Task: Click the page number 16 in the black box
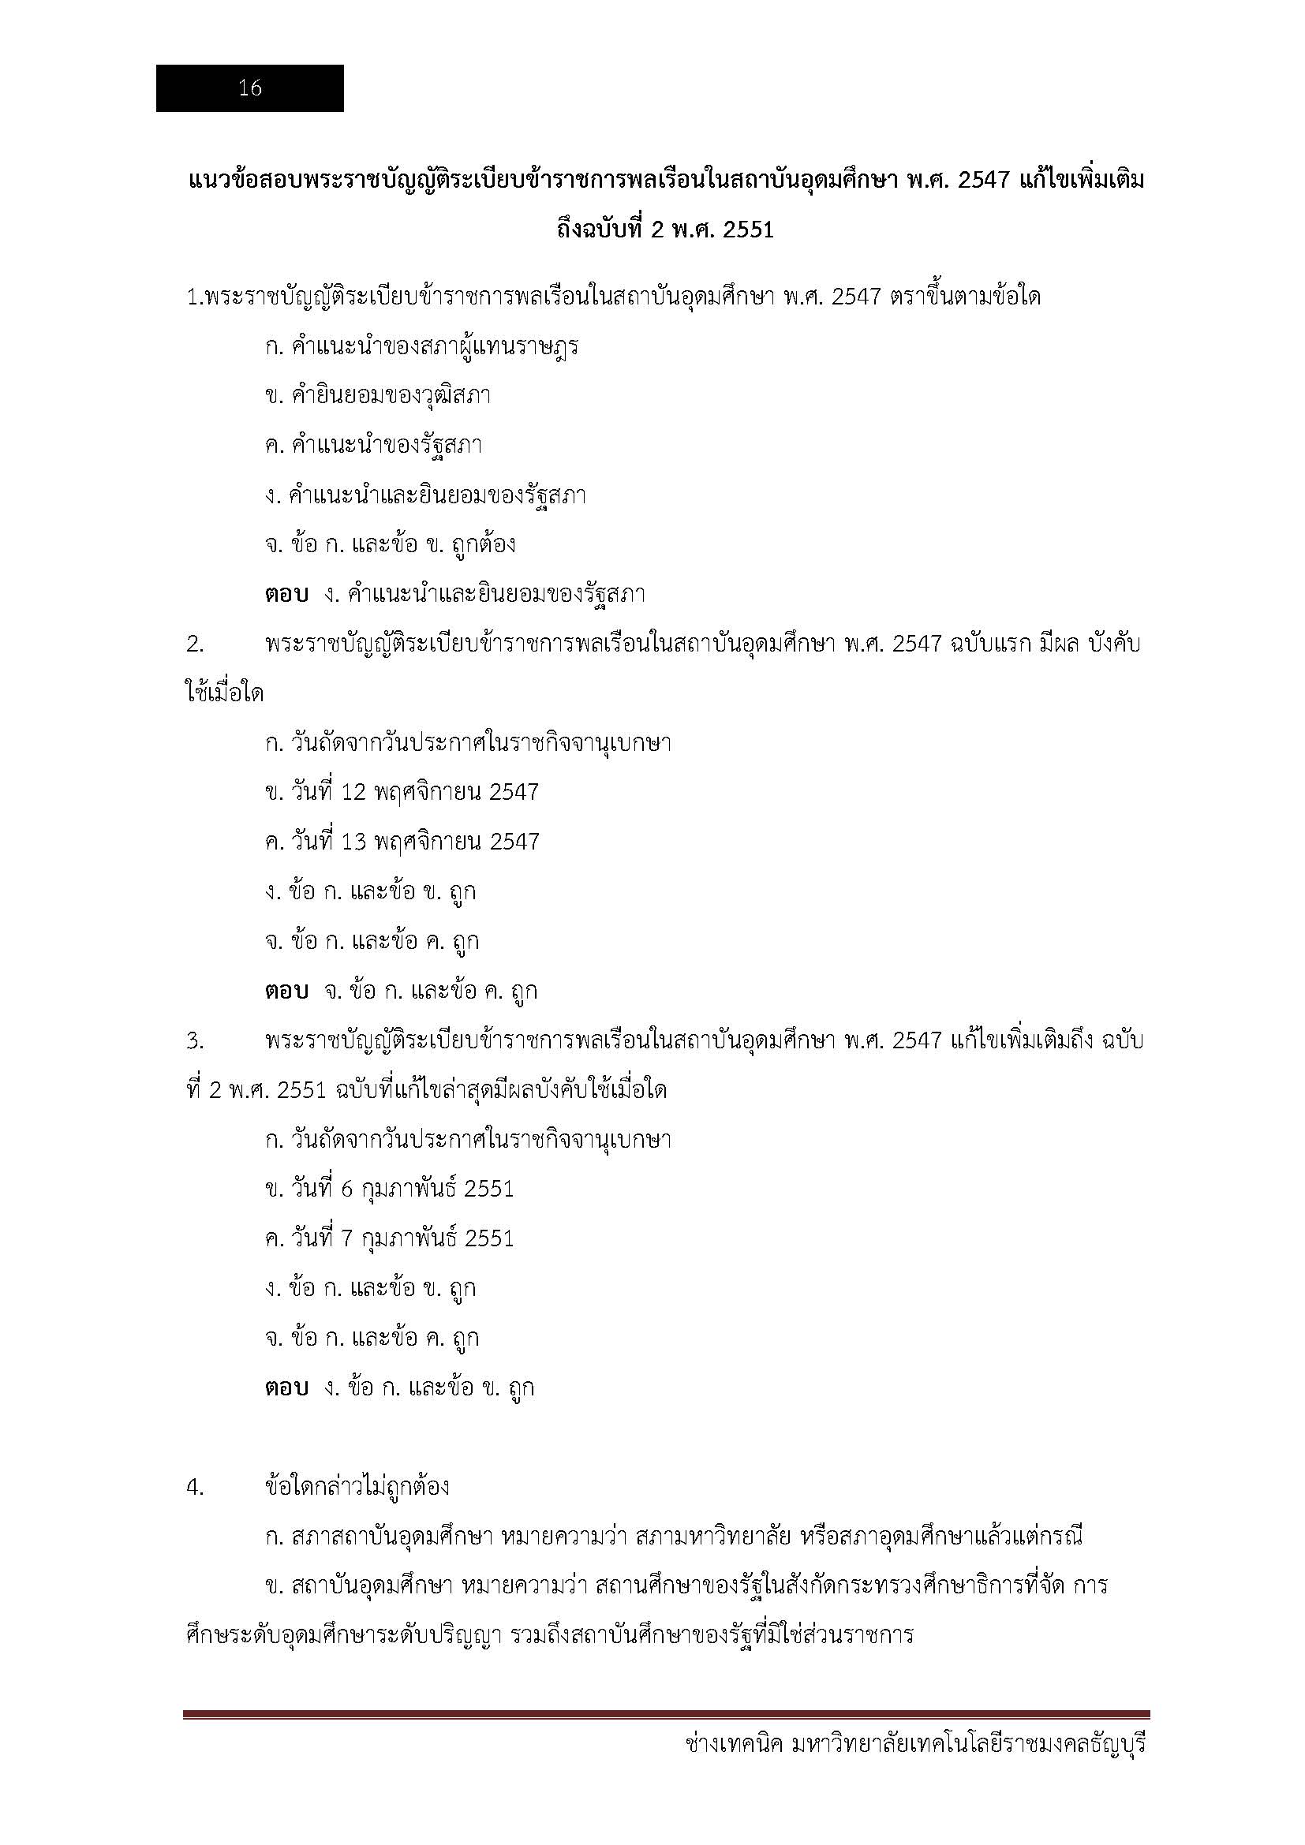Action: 250,88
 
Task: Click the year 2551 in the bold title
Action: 748,230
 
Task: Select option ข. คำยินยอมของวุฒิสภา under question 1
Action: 378,395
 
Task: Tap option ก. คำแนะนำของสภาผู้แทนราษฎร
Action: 421,346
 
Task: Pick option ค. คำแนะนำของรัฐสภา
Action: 373,445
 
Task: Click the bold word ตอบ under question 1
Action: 286,595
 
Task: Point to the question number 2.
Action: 195,644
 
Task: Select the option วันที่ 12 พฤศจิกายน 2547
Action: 402,792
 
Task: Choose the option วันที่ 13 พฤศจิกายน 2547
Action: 402,842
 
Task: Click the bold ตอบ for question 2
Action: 286,992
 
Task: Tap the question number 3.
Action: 195,1041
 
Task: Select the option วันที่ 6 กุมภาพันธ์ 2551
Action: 389,1190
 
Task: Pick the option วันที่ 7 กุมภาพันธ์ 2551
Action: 389,1238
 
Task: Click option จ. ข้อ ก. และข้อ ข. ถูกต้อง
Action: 390,545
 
